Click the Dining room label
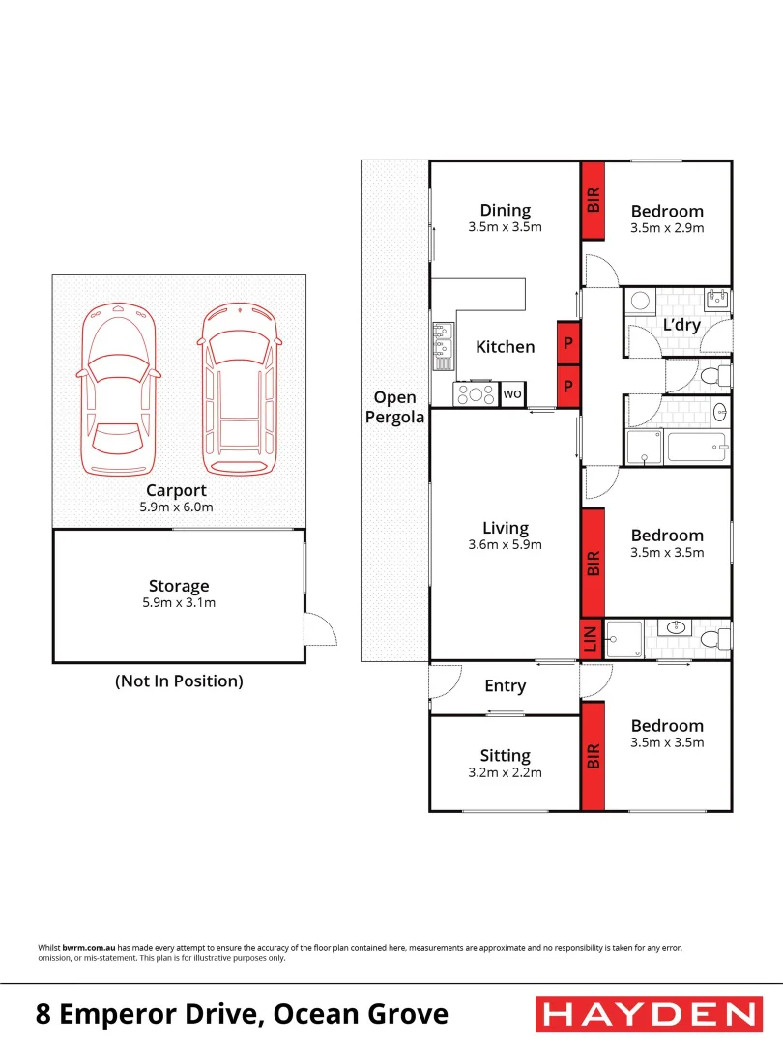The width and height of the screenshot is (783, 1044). coord(505,210)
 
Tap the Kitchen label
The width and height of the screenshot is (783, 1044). coord(505,347)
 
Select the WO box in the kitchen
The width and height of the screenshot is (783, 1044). coord(512,394)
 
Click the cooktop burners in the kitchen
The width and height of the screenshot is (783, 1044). coord(476,394)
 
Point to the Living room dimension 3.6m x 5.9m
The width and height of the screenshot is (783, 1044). coord(505,544)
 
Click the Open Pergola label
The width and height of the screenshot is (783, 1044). coord(394,407)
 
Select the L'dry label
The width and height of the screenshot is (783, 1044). coord(681,325)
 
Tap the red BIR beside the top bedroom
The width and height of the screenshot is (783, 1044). coord(593,200)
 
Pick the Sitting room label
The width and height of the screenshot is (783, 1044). coord(505,756)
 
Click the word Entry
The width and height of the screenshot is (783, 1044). coord(505,686)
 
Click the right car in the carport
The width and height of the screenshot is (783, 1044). coord(239,391)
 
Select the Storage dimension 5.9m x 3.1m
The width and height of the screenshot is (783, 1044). coord(178,603)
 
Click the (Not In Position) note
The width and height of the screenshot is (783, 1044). coord(179,681)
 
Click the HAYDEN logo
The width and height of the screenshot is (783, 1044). coord(647,1014)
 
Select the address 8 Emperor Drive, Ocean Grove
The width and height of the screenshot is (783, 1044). coord(242,1014)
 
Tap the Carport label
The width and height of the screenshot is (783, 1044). coord(178,490)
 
